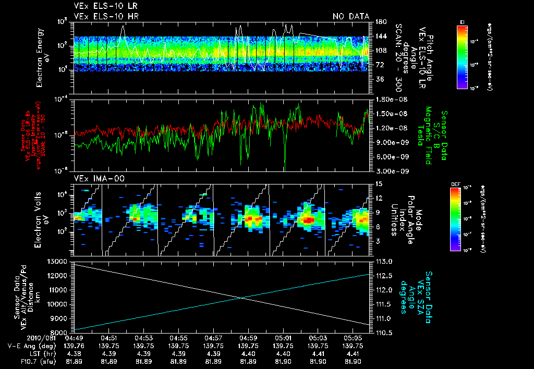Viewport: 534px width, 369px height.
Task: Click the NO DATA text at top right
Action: point(351,16)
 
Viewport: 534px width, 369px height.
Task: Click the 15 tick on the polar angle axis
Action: point(377,184)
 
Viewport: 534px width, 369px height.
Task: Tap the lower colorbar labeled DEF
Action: point(455,219)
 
